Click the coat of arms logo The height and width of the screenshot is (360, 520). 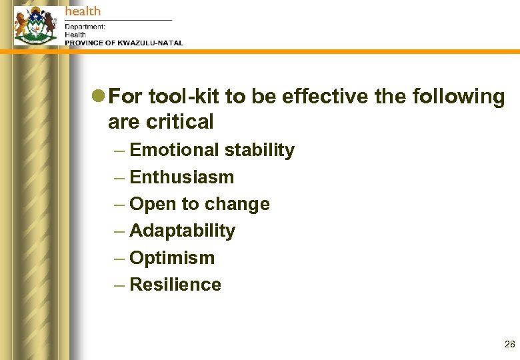(x=35, y=25)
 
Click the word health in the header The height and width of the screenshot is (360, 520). (x=83, y=11)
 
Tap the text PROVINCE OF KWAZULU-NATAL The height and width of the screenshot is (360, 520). (x=123, y=43)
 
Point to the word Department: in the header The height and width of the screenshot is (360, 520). (x=85, y=27)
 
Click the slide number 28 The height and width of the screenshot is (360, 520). (x=509, y=345)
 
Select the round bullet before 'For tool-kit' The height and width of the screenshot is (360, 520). (x=98, y=97)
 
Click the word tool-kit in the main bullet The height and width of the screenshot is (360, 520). (x=184, y=97)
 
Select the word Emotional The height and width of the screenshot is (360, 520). (x=174, y=151)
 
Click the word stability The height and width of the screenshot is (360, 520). (x=259, y=151)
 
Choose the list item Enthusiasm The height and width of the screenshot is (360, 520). (x=182, y=177)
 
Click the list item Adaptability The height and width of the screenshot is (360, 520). (x=182, y=231)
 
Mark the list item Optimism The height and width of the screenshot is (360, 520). (x=172, y=258)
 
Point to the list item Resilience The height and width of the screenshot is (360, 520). (x=175, y=285)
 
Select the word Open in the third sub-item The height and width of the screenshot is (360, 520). (x=149, y=204)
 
